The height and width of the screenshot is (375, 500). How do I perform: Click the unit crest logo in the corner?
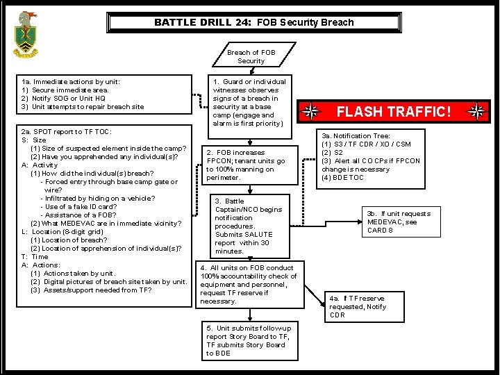coord(26,35)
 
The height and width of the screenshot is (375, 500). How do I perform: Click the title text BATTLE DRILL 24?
coord(203,22)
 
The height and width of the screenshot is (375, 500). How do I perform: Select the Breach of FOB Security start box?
coord(251,56)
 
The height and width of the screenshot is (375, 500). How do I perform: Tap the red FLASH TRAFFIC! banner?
coord(393,111)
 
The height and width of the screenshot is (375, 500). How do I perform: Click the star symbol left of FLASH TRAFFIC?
coord(312,112)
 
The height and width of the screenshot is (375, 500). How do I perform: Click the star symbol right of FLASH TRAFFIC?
coord(476,112)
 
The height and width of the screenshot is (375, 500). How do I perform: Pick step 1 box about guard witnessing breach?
coord(248,103)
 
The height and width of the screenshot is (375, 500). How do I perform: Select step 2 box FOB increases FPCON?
coord(246,165)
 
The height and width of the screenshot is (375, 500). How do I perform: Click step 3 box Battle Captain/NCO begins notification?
coord(248,226)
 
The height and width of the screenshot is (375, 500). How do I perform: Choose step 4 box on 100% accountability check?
coord(249,284)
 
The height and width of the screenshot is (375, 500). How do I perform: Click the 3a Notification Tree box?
coord(371,157)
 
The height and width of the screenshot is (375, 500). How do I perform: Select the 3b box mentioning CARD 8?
coord(399,222)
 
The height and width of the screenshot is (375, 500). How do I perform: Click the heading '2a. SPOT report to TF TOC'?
coord(67,132)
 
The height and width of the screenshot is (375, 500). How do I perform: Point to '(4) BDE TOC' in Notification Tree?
coord(342,178)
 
